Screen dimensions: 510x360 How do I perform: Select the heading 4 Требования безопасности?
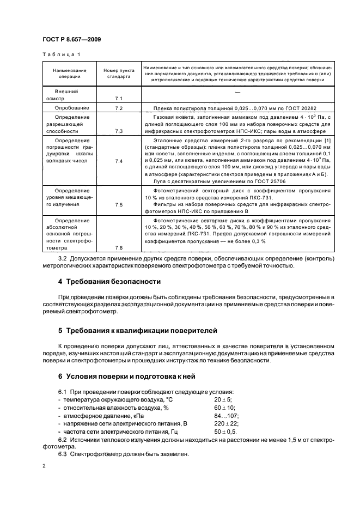109,282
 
